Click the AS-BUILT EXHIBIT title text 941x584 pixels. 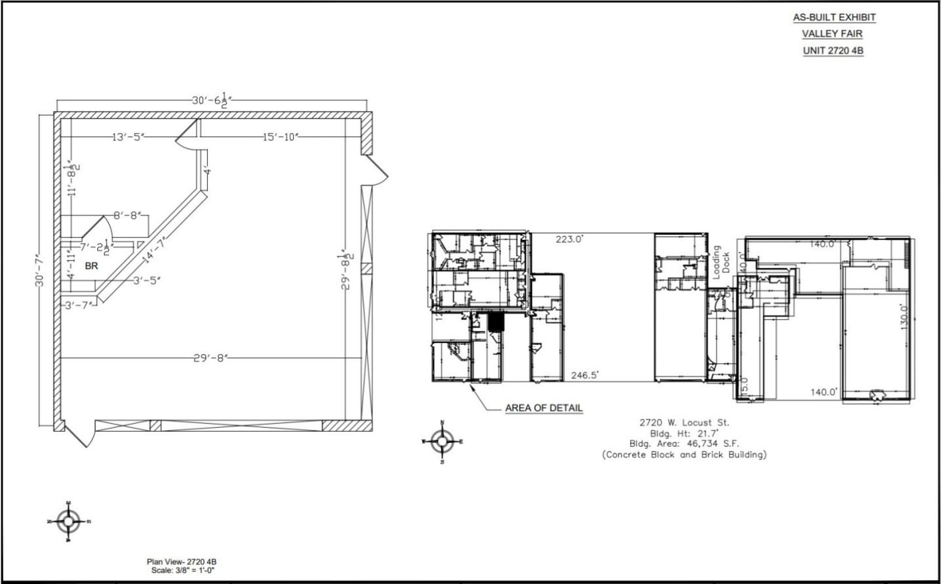(834, 18)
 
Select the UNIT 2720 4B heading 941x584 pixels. (833, 50)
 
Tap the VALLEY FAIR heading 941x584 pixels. (832, 34)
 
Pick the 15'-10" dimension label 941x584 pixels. (281, 137)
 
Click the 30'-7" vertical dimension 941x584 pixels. (41, 270)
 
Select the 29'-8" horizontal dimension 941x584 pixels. (211, 358)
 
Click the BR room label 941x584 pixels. (91, 267)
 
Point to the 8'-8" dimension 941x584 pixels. (127, 216)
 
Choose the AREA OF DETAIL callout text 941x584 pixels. (543, 408)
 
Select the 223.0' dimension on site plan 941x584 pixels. (569, 239)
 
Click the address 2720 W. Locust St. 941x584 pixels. (684, 423)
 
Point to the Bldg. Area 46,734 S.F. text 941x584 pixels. (684, 444)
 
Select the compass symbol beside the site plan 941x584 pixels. (442, 442)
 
